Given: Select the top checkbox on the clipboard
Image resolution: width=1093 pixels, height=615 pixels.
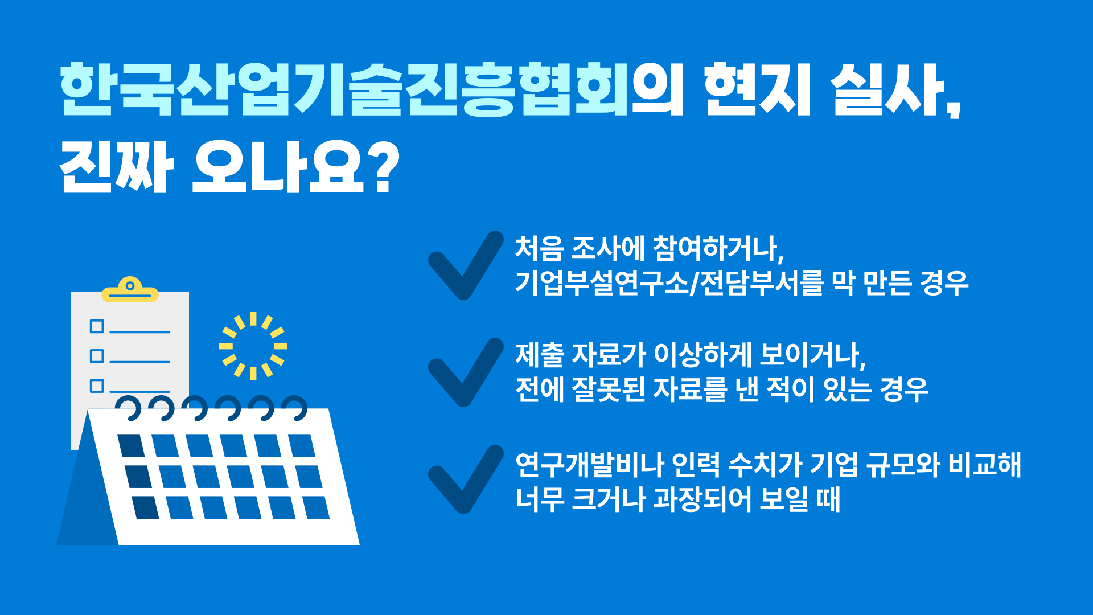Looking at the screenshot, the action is tap(97, 326).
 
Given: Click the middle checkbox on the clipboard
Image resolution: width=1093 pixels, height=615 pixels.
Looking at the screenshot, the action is tap(97, 356).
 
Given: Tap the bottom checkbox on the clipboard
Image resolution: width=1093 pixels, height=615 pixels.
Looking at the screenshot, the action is tap(97, 386).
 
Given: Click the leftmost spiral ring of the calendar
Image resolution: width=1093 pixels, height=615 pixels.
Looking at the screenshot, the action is tap(129, 408).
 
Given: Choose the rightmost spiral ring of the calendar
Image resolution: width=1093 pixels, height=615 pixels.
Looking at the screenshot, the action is tap(295, 408).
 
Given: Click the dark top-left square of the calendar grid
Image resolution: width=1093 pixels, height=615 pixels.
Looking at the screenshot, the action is tap(132, 446).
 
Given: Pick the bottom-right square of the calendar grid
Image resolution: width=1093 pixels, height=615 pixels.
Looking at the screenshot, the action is tap(316, 507).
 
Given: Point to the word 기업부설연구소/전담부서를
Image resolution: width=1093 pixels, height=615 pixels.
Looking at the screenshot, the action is tap(669, 282).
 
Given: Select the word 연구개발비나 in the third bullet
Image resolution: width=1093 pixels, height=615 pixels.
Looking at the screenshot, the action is tap(589, 465).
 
